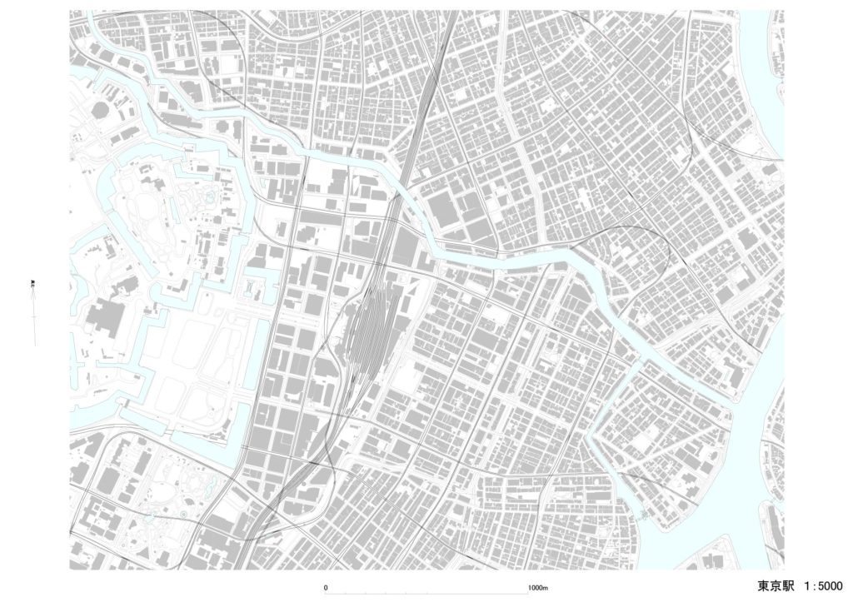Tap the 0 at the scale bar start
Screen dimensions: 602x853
[326, 588]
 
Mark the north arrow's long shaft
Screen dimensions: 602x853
[33, 321]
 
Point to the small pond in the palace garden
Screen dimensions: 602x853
[207, 198]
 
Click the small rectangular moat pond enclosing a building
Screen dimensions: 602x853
[252, 288]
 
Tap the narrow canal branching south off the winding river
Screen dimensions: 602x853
[604, 433]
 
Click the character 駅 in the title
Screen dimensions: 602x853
[792, 585]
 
